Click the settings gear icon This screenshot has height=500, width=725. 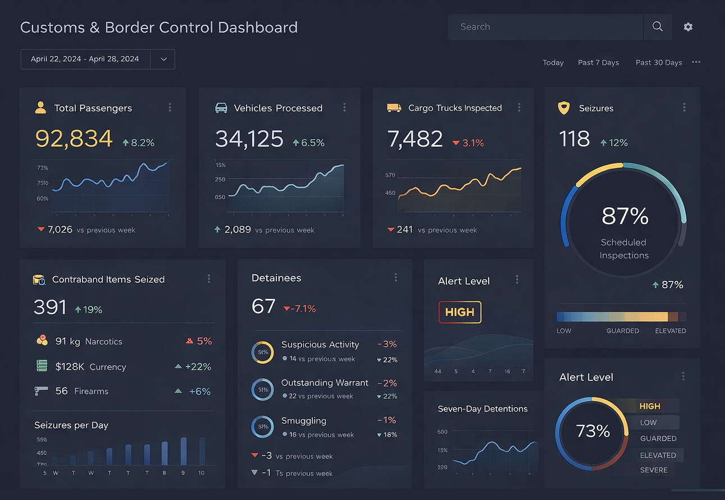pos(688,27)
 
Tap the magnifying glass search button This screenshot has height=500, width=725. pos(658,27)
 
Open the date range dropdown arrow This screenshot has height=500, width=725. pos(163,59)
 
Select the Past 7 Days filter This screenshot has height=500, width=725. pos(598,62)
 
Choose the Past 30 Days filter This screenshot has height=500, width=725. pos(659,62)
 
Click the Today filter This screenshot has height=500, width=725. pos(553,62)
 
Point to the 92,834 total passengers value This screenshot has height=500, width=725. pos(74,139)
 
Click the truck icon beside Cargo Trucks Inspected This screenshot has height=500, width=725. pos(394,108)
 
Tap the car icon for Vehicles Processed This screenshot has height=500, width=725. pos(221,108)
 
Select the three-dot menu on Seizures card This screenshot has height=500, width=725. pos(684,107)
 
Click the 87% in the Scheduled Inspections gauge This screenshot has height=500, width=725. pos(624,216)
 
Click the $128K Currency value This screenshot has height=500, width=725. pos(70,367)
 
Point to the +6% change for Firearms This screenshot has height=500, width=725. pos(199,392)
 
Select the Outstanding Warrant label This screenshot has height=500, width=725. pos(325,383)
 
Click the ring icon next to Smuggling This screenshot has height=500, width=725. pos(262,427)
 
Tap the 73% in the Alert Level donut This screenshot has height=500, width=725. pos(592,431)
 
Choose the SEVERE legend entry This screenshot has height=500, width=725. pos(654,470)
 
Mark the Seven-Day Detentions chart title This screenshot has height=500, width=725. pos(482,409)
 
